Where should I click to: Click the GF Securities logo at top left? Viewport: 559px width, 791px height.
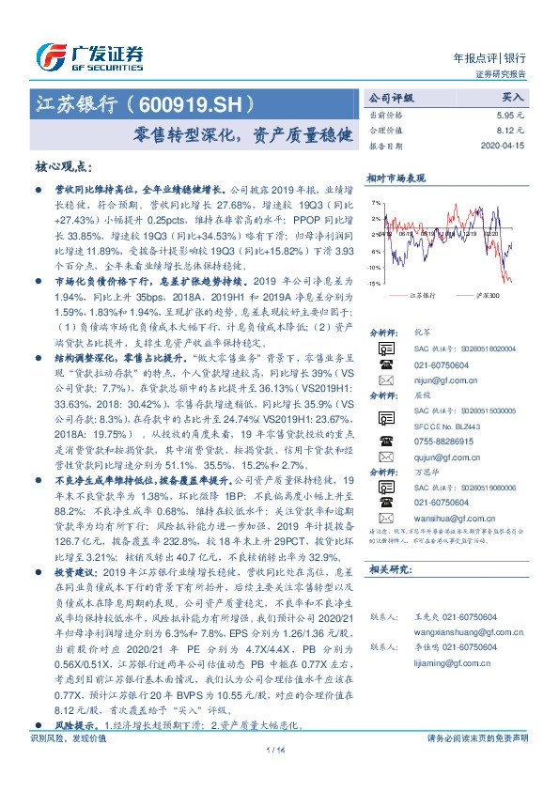click(90, 54)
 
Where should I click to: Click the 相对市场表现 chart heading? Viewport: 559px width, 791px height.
click(396, 177)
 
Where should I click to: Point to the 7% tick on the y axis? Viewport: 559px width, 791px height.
click(376, 202)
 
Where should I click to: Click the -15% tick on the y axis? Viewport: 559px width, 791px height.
click(374, 283)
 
